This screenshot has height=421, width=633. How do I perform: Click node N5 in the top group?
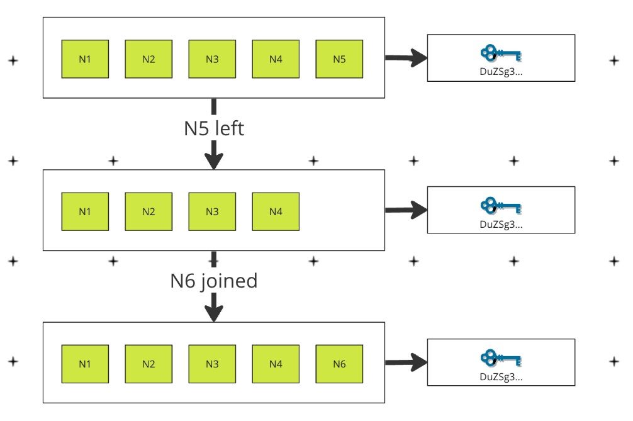coord(339,59)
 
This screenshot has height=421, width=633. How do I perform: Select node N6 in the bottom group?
coord(339,364)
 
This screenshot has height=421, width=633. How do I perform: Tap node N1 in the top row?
coord(85,59)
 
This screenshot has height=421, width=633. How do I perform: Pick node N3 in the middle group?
coord(212,211)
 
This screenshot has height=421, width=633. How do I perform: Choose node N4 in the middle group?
coord(276,211)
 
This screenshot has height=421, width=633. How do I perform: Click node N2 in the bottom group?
coord(148,364)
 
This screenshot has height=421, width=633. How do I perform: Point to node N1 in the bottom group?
coord(85,364)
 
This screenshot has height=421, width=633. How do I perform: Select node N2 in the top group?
coord(148,59)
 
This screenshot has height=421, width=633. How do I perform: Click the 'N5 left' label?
coord(214,128)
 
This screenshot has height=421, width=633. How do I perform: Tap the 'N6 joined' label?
coord(214,281)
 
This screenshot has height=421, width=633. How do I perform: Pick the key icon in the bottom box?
coord(501,358)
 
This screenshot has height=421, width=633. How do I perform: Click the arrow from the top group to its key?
coord(406,59)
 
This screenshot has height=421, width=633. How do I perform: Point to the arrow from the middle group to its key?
coord(406,210)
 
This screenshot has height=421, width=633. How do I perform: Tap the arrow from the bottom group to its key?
coord(406,362)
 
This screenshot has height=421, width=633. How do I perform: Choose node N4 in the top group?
coord(276,59)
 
